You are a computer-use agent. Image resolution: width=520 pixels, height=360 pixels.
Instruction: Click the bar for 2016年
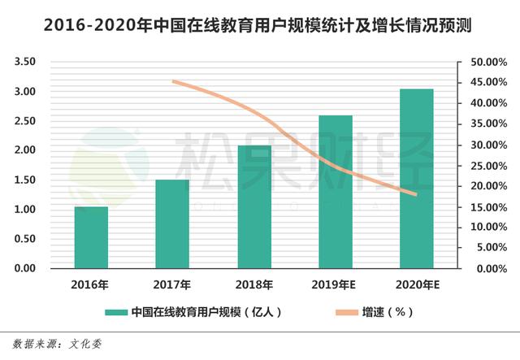[90, 237]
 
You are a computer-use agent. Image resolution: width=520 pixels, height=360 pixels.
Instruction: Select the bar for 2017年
[171, 223]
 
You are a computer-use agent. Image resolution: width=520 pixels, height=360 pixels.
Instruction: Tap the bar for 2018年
[253, 206]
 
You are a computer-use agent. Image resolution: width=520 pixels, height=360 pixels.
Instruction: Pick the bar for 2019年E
[335, 192]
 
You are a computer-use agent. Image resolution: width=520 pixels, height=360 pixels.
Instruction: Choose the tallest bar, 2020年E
[416, 178]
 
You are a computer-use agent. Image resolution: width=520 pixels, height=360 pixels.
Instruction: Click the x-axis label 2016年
[90, 284]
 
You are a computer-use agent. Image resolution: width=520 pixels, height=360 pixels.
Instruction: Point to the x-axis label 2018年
[253, 284]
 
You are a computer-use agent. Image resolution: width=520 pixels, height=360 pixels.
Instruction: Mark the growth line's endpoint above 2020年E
[416, 194]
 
